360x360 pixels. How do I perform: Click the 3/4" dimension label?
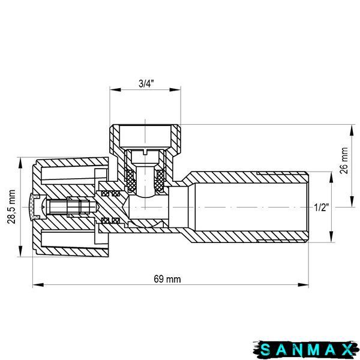(146, 84)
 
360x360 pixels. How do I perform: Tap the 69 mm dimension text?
(167, 279)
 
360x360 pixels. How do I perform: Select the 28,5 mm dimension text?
(11, 206)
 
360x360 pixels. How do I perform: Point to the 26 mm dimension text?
(344, 161)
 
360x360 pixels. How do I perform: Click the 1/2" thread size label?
(321, 208)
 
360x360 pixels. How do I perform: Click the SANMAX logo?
(306, 350)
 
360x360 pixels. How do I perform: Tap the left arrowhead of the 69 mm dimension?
(38, 285)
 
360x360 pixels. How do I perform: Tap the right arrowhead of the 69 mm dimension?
(303, 285)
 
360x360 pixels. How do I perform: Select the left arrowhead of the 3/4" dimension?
(115, 89)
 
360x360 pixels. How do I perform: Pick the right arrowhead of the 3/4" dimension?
(175, 89)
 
